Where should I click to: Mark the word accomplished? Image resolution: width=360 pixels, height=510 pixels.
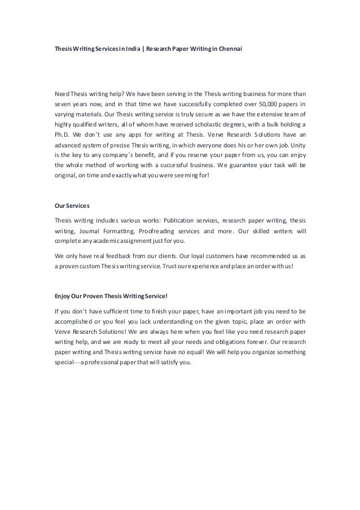pyautogui.click(x=77, y=321)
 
